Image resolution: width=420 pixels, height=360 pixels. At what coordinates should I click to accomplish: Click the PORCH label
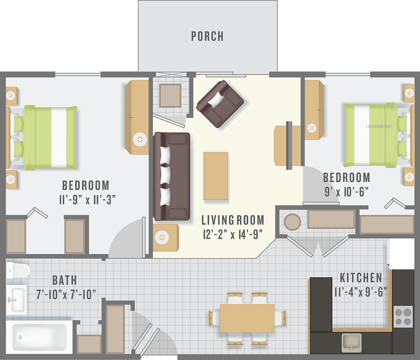coord(207,36)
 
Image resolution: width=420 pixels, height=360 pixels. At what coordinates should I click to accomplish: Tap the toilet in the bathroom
coord(18,270)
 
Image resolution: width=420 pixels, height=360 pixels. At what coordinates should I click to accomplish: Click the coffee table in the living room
coord(216,176)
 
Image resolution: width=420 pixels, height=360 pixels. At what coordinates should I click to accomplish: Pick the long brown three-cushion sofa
coord(171,176)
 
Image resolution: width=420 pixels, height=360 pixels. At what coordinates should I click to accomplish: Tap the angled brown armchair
coord(220,104)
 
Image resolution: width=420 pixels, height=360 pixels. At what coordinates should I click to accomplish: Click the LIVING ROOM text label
coord(233,220)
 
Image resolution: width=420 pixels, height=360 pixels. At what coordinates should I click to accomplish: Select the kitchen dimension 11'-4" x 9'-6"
coord(361,292)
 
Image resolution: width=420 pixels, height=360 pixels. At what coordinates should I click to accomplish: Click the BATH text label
coord(65,280)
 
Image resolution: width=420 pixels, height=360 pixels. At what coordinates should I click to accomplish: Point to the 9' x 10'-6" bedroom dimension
coord(346,192)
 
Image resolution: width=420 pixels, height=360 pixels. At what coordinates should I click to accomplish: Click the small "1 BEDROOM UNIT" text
coord(379,126)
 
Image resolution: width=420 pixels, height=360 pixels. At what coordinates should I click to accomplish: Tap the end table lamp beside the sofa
coord(162,237)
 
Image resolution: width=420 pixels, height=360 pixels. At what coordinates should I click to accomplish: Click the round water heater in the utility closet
coord(292,222)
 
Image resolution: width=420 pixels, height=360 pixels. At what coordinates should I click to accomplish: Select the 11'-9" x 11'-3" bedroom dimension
coord(87,200)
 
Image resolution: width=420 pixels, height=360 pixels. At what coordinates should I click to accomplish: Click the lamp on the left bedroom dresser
coord(140,139)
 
